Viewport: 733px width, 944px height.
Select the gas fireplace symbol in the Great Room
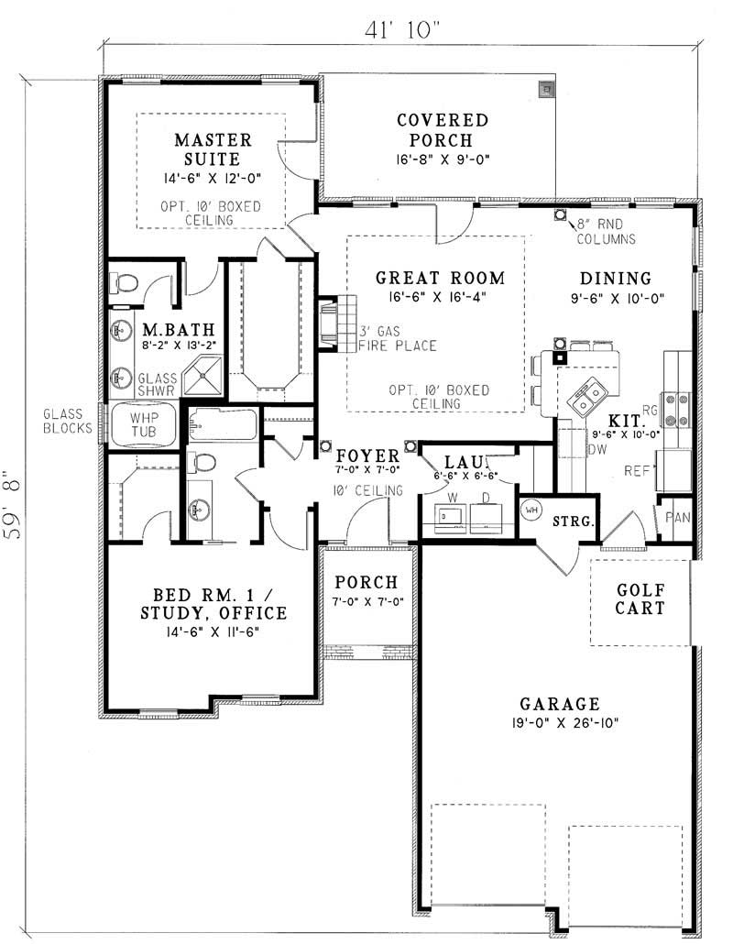pos(329,324)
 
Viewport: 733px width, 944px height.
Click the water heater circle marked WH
pos(531,509)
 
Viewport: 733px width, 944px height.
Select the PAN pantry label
pos(678,515)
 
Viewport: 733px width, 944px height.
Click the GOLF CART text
pos(640,599)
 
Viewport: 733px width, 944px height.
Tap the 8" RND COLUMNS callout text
pos(606,232)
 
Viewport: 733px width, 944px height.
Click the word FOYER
pos(367,456)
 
